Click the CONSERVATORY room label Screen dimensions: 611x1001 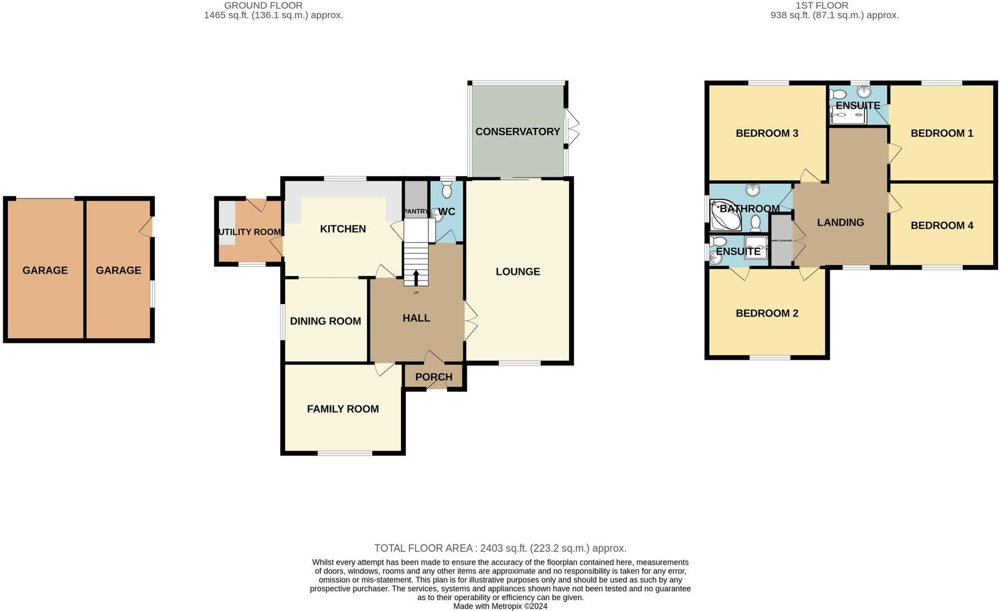point(517,132)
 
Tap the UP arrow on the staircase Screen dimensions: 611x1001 point(416,278)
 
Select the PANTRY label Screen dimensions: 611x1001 point(415,211)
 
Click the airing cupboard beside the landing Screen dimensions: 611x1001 point(781,241)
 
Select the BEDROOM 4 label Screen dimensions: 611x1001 point(941,226)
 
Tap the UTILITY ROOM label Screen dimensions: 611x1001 point(249,232)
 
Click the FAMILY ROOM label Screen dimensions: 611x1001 point(342,409)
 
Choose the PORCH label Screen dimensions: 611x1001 point(434,377)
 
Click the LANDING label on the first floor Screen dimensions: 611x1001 point(840,223)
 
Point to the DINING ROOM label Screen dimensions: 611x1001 point(325,322)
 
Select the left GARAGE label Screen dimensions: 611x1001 point(45,271)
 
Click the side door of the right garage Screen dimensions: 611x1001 point(147,226)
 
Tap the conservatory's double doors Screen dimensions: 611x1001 point(572,127)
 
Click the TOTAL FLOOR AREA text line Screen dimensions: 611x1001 point(500,548)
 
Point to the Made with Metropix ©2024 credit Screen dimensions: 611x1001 point(500,606)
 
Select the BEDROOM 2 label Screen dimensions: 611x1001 point(767,314)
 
